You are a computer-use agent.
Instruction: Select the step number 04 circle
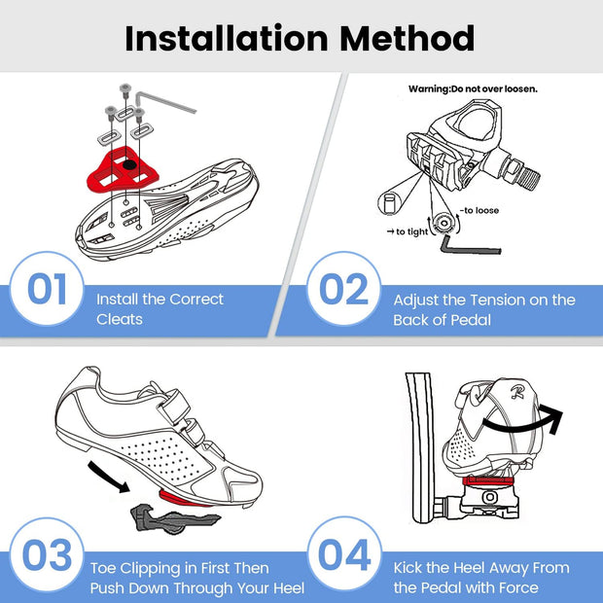(x=343, y=557)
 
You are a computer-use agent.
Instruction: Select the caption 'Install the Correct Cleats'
(x=160, y=309)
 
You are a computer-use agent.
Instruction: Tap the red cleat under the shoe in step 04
(x=485, y=479)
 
